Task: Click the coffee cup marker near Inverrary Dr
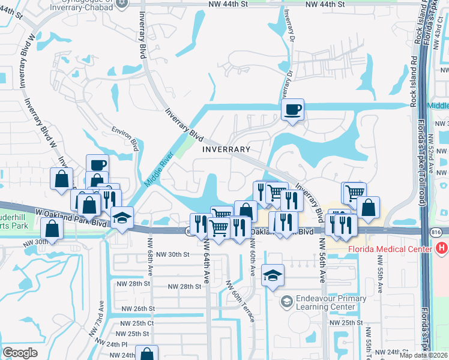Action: pos(292,110)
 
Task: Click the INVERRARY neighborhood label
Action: pos(226,149)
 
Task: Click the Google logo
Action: pos(20,353)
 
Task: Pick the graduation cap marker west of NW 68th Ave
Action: pos(122,217)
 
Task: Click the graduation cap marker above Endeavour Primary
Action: pos(273,275)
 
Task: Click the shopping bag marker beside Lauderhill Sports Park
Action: pos(52,229)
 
